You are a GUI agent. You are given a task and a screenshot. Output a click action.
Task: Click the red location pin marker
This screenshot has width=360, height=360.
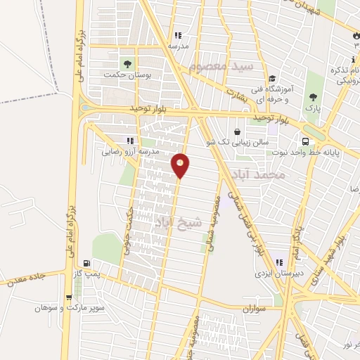(181, 165)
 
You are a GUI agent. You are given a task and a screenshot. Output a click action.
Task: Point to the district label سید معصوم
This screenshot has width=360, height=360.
(220, 67)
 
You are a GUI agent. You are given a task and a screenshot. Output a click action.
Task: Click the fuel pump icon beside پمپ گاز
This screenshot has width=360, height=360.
(86, 264)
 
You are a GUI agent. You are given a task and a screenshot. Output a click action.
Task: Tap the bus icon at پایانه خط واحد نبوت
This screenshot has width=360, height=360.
(304, 139)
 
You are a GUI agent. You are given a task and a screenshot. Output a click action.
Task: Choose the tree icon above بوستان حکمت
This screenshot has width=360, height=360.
(127, 64)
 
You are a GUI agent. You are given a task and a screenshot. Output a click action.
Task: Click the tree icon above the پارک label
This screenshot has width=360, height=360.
(313, 98)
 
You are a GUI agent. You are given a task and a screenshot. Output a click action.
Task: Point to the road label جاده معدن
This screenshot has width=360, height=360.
(26, 278)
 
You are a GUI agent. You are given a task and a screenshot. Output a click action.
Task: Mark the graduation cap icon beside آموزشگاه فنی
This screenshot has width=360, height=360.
(272, 79)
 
